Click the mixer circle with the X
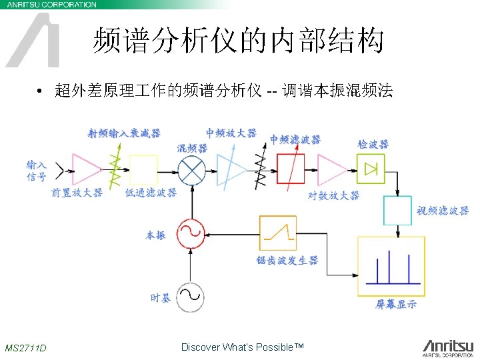coord(192,170)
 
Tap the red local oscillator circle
coord(191,234)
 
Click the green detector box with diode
coord(371,168)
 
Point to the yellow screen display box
coord(391,267)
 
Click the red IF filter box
coord(291,169)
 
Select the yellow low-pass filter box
coord(143,169)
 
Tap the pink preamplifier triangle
coord(85,169)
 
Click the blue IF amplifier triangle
coord(231,169)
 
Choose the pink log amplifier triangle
coord(331,169)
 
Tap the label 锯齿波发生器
coord(287,260)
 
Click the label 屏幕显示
coord(397,305)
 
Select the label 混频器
coord(192,147)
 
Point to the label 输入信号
coord(37,171)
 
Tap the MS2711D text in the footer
coord(25,348)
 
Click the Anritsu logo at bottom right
coord(447,347)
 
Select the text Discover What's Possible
coord(242,347)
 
